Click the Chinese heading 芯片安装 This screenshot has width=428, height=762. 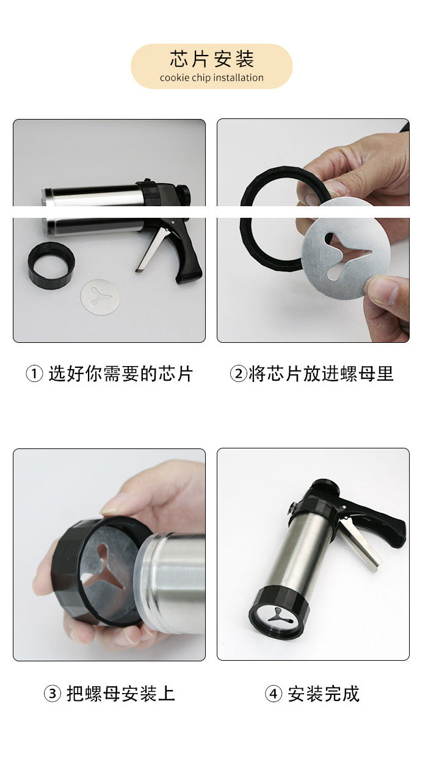point(212,59)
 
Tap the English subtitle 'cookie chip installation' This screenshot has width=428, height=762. point(212,78)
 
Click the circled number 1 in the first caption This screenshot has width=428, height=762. point(34,373)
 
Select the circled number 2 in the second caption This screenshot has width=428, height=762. point(238,373)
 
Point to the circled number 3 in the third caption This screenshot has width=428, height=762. point(53,694)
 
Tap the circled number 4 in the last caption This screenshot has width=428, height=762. point(274,694)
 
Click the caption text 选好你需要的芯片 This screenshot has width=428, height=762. point(121,373)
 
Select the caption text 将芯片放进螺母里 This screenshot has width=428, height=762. point(321,373)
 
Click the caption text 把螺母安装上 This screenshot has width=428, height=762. point(121,694)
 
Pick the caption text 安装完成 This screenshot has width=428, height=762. point(324,694)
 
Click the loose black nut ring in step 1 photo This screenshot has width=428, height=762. point(51,265)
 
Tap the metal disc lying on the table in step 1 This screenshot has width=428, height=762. point(100,297)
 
